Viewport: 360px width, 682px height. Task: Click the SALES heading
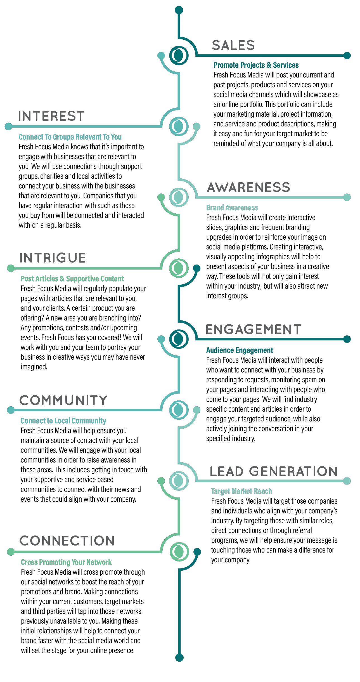click(233, 46)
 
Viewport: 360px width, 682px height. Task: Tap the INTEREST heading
click(51, 116)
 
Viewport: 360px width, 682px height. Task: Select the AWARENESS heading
click(248, 187)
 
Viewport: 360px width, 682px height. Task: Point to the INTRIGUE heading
click(53, 258)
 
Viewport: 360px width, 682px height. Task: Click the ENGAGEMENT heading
click(253, 329)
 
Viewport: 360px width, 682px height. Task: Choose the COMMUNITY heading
click(63, 400)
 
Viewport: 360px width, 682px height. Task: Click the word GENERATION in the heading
click(293, 471)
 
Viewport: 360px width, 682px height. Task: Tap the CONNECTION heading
click(67, 541)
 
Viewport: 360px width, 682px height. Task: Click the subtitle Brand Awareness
click(232, 208)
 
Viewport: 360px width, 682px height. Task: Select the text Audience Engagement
click(240, 350)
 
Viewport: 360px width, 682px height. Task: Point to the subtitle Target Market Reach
click(241, 491)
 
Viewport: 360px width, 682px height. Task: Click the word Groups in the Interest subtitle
click(63, 137)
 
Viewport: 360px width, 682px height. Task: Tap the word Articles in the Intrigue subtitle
click(47, 279)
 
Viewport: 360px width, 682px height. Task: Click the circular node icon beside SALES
click(179, 55)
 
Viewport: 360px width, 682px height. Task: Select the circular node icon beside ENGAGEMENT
click(179, 339)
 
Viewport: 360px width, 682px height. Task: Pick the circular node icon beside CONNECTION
click(179, 552)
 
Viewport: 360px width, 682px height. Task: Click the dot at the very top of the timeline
click(179, 10)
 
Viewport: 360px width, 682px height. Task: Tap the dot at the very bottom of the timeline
click(179, 658)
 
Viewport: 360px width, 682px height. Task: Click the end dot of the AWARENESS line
click(347, 197)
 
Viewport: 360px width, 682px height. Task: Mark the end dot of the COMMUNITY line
click(11, 410)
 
